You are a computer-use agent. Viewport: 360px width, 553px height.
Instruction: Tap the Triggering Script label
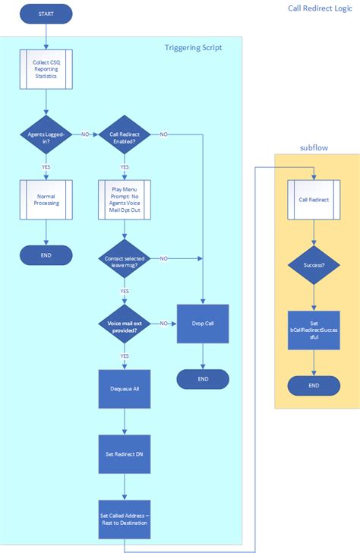pyautogui.click(x=194, y=47)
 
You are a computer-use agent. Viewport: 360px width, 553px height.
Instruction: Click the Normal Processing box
pyautogui.click(x=46, y=200)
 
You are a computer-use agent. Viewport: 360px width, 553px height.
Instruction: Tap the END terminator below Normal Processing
pyautogui.click(x=46, y=255)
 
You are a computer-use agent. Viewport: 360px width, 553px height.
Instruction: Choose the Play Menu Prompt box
pyautogui.click(x=124, y=200)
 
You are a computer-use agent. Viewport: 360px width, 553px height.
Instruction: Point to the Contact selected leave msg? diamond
pyautogui.click(x=124, y=259)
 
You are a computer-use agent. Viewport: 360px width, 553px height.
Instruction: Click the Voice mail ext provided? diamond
pyautogui.click(x=124, y=324)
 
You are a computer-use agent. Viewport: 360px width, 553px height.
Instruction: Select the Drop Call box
pyautogui.click(x=203, y=323)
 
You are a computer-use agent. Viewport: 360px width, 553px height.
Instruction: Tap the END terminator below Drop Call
pyautogui.click(x=203, y=378)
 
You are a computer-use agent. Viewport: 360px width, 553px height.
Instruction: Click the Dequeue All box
pyautogui.click(x=124, y=388)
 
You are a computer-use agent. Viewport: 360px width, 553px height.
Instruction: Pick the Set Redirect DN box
pyautogui.click(x=124, y=454)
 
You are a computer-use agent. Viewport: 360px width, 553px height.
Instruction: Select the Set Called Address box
pyautogui.click(x=124, y=519)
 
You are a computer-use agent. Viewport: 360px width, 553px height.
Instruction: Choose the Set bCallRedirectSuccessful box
pyautogui.click(x=314, y=330)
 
